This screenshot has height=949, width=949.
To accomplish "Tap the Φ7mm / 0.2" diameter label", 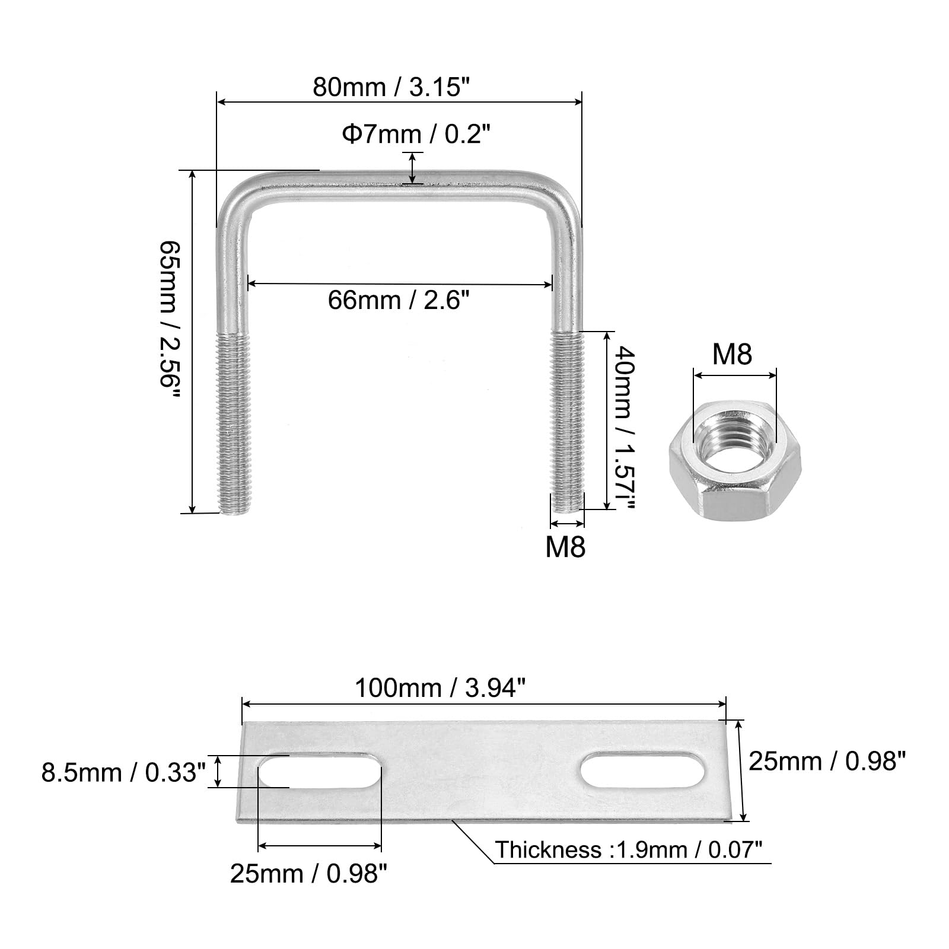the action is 417,135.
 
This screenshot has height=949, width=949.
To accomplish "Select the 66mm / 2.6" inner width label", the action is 399,301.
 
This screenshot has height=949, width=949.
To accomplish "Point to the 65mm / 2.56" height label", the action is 168,321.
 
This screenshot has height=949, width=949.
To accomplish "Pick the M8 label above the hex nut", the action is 732,355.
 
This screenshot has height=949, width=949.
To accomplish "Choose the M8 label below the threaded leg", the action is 565,547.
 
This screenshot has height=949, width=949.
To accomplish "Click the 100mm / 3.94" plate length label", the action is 440,689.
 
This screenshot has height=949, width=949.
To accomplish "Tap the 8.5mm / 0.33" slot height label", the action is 123,772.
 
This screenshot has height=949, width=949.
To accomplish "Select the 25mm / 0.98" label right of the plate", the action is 827,761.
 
